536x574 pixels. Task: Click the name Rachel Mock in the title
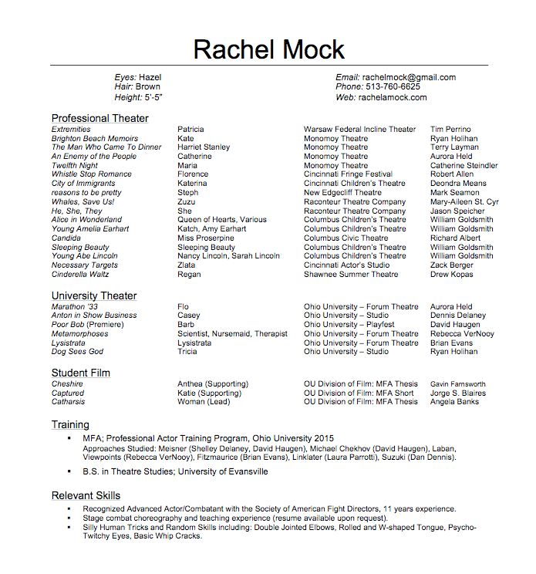coord(268,50)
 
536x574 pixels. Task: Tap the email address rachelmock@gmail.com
coord(409,77)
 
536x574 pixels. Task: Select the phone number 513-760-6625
coord(393,87)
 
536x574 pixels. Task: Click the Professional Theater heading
coord(100,118)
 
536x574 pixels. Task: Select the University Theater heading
coord(94,295)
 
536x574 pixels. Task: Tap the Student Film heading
coord(81,373)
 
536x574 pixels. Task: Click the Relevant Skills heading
coord(86,495)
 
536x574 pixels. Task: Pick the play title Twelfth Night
coord(75,165)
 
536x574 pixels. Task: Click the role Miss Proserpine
coord(206,238)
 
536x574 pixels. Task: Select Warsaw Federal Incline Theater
coord(359,129)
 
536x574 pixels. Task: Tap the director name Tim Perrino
coord(450,129)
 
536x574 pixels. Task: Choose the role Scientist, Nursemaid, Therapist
coord(232,333)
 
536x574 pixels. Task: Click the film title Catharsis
coord(69,401)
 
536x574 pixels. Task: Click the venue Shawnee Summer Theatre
coord(351,274)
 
